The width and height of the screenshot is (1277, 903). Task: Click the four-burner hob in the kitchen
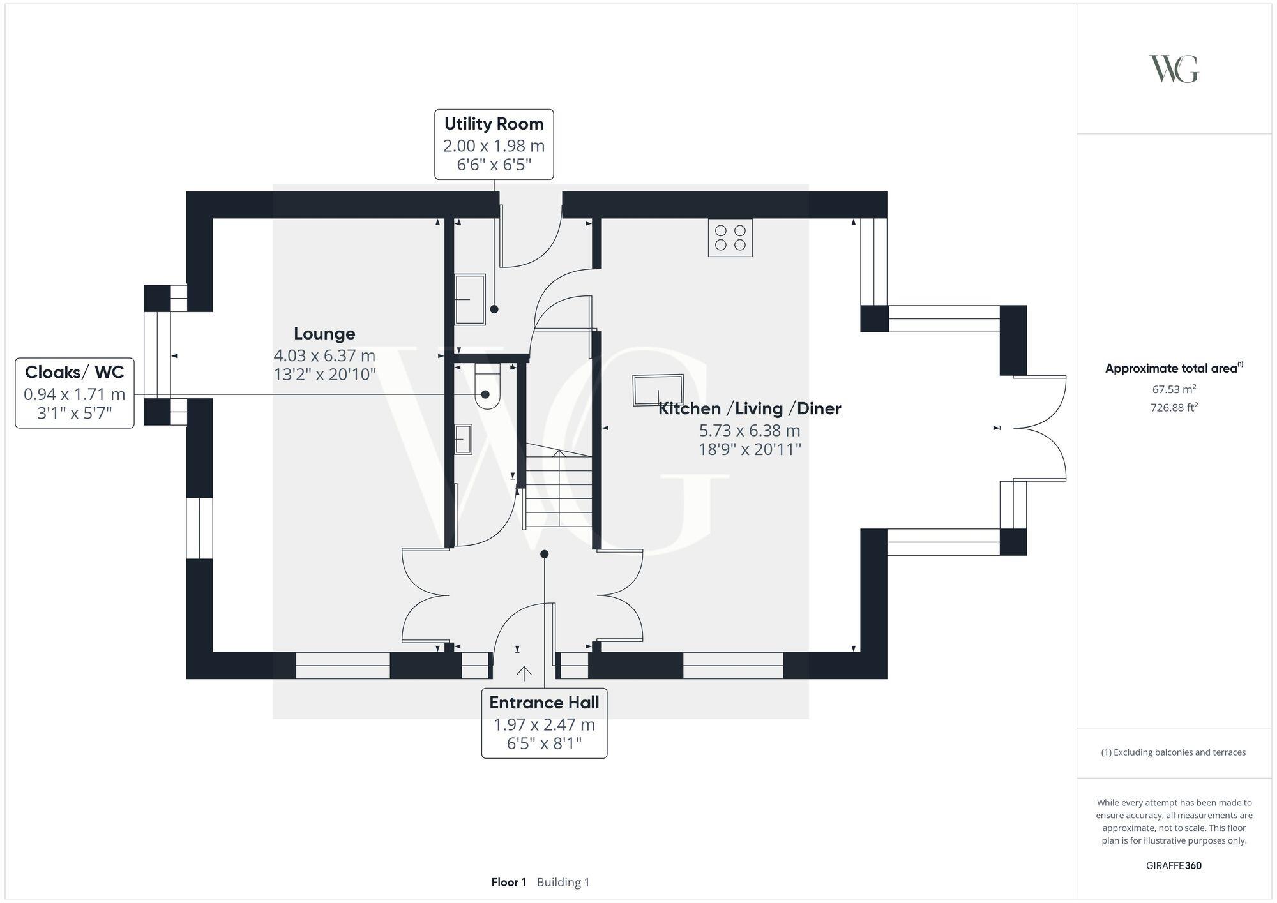(730, 237)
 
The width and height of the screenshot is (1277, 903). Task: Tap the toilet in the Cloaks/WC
(487, 387)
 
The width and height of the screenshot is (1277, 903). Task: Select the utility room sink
(470, 299)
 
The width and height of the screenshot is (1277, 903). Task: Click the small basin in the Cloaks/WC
(463, 439)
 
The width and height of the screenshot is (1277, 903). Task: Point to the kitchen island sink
(658, 390)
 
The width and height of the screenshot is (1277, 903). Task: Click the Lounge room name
(324, 333)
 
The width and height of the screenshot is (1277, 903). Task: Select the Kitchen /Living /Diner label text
(750, 408)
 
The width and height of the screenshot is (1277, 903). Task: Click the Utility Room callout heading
(494, 124)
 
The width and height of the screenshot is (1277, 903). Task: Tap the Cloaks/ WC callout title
(74, 372)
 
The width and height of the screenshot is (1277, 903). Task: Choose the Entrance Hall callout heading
(544, 703)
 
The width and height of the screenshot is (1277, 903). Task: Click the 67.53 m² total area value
(1174, 389)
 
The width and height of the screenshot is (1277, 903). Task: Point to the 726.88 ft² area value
(1174, 407)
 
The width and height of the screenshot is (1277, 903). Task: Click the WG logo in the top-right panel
(1174, 69)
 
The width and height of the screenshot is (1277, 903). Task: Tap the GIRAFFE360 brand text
(1174, 865)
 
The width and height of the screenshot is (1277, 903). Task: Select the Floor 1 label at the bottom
(508, 882)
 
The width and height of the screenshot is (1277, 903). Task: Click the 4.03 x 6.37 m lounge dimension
(324, 355)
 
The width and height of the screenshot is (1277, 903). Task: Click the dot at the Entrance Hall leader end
(544, 554)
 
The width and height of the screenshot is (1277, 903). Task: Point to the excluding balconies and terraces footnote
(1174, 752)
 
